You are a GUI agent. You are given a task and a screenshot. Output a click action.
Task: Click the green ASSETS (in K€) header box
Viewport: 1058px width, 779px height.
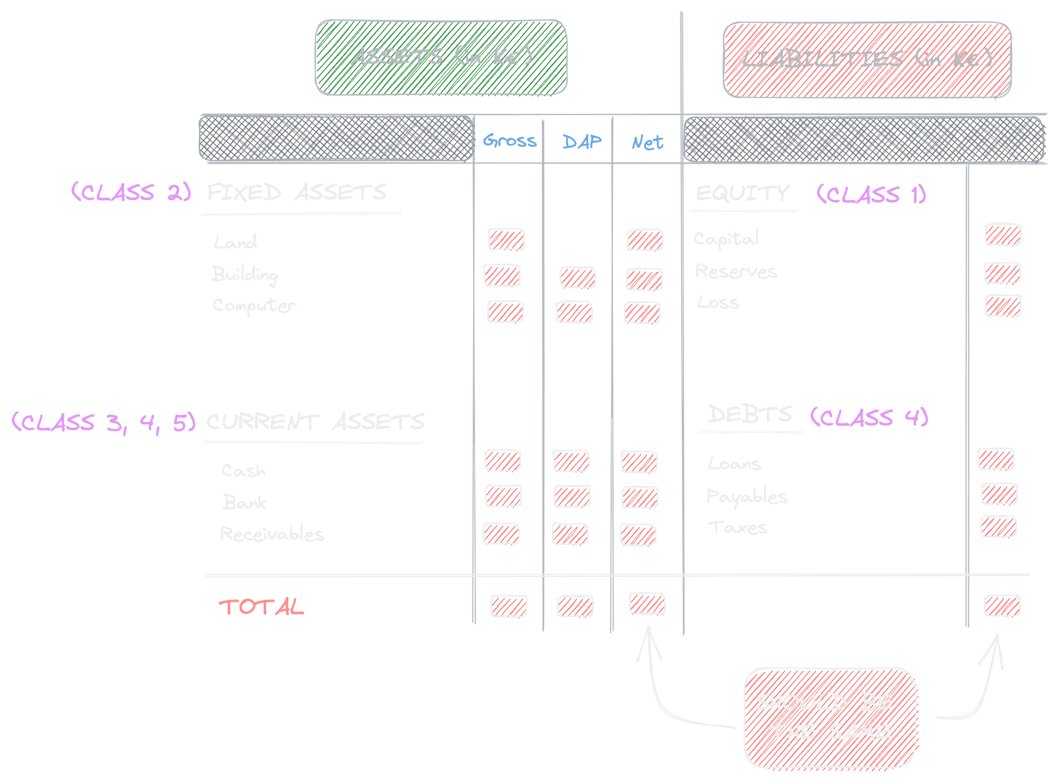pos(441,57)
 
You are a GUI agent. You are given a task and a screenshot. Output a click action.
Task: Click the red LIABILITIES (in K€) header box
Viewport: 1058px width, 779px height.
pos(867,59)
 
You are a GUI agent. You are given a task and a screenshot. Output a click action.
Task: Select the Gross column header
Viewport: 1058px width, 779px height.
pos(510,141)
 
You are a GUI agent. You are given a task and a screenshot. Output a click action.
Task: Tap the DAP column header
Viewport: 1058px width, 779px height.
pos(581,141)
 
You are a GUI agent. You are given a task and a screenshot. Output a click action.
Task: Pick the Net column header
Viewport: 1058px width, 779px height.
pos(647,142)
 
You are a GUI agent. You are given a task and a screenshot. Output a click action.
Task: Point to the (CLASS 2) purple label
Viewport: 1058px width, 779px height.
pos(131,192)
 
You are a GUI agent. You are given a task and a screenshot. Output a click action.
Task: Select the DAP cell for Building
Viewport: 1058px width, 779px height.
pos(578,277)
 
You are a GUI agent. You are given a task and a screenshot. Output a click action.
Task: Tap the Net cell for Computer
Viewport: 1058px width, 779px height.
pos(642,312)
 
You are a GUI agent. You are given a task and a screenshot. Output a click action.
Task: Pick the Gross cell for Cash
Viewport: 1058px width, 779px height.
pos(503,460)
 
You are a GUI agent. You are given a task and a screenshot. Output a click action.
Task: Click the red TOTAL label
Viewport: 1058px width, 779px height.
pos(261,606)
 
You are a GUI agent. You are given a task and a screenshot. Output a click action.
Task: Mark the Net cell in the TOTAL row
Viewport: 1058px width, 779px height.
pos(647,603)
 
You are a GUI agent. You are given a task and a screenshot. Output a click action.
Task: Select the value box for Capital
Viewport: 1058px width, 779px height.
pos(1003,234)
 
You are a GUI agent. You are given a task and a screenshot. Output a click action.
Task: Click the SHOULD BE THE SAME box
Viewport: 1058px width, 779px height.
pos(830,717)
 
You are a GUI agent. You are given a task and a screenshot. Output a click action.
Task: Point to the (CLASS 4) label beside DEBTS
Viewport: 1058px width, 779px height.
pos(869,417)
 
